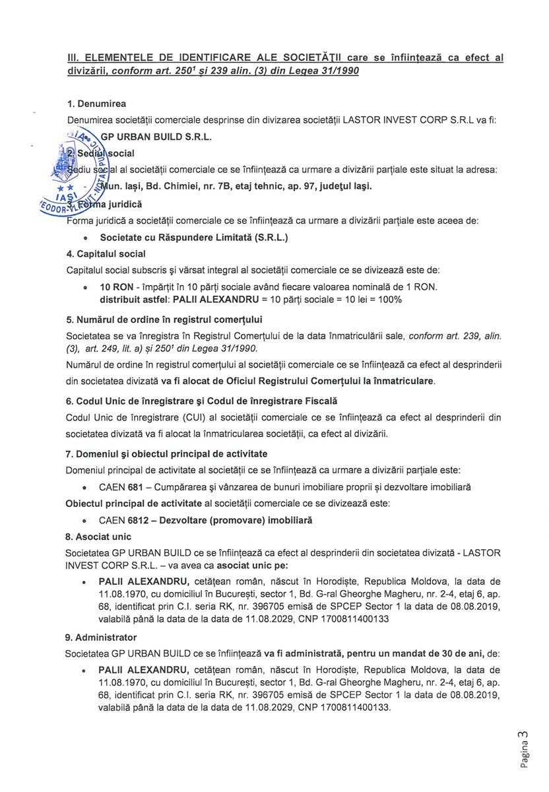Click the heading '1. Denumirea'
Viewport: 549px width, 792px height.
click(x=96, y=104)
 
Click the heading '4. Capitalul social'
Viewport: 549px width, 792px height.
click(x=106, y=253)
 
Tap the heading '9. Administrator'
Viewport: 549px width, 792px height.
click(x=102, y=638)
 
